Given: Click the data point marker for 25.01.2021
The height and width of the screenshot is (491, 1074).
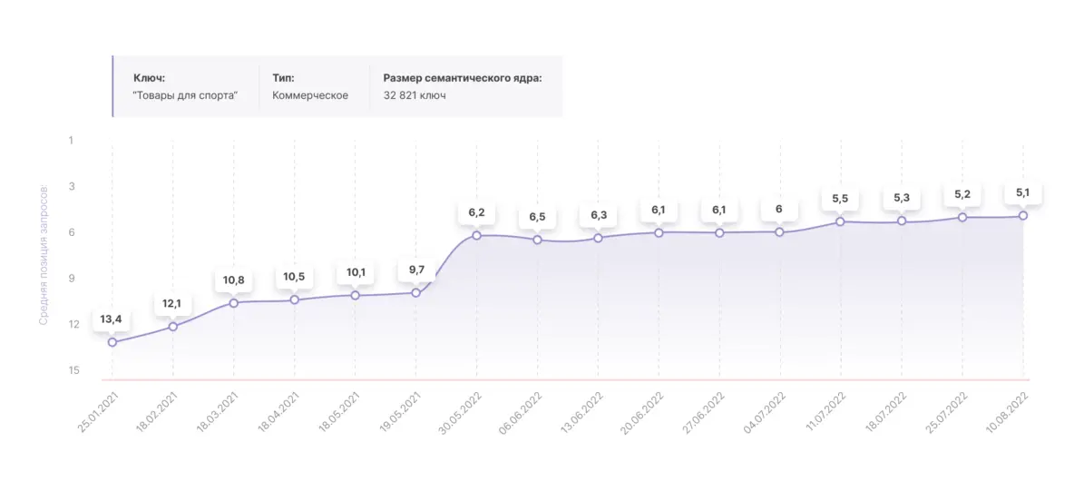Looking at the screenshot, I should click(x=112, y=342).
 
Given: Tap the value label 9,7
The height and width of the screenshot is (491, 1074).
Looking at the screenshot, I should click(x=415, y=270).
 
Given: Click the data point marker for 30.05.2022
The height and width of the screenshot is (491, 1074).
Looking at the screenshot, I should click(x=476, y=235).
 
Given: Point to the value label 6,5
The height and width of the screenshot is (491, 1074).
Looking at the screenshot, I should click(x=537, y=218).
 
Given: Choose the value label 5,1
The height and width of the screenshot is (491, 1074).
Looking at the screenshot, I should click(x=1023, y=192).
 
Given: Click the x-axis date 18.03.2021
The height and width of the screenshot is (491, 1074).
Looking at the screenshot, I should click(x=216, y=410).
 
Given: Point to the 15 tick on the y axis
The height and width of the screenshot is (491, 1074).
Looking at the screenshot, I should click(x=73, y=370).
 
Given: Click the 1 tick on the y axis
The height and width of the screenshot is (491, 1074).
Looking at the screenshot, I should click(x=71, y=141).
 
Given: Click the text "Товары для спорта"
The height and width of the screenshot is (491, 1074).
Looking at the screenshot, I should click(x=184, y=95).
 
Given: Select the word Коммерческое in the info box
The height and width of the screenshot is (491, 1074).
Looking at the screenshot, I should click(x=310, y=95).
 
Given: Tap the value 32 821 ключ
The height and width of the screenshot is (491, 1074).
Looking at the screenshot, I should click(x=415, y=95).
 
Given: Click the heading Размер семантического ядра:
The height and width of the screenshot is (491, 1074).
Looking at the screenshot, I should click(x=463, y=78).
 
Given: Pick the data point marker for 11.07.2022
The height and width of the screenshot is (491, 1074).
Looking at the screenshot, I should click(x=841, y=221).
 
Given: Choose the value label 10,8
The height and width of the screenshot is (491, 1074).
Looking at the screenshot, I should click(x=234, y=280).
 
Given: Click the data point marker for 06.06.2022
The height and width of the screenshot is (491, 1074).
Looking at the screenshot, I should click(x=537, y=240).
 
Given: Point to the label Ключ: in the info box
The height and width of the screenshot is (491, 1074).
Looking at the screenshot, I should click(x=149, y=78).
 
